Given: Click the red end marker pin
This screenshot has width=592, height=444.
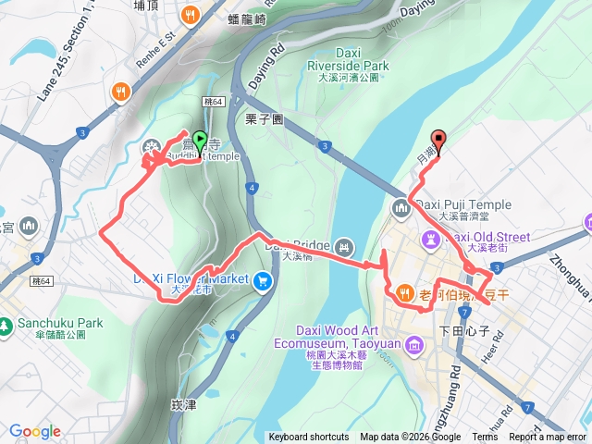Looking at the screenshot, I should click(x=439, y=142).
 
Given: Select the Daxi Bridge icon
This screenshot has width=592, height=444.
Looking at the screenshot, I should click(x=344, y=246).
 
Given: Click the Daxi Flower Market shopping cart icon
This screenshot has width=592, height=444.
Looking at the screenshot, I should click(x=265, y=279).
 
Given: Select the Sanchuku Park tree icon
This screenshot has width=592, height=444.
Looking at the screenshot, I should click(x=7, y=325).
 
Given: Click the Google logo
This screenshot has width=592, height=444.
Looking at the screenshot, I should click(x=35, y=431).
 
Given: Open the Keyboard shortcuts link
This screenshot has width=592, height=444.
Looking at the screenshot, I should click(x=309, y=438).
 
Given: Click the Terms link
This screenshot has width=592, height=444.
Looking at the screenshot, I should click(x=485, y=438).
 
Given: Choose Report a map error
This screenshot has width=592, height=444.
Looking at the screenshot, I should click(x=548, y=438).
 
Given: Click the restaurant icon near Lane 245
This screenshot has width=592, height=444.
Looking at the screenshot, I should click(x=120, y=92).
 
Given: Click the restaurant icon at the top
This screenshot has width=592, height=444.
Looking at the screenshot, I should click(x=190, y=14).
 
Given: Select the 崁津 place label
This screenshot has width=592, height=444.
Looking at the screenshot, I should click(x=184, y=404).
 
